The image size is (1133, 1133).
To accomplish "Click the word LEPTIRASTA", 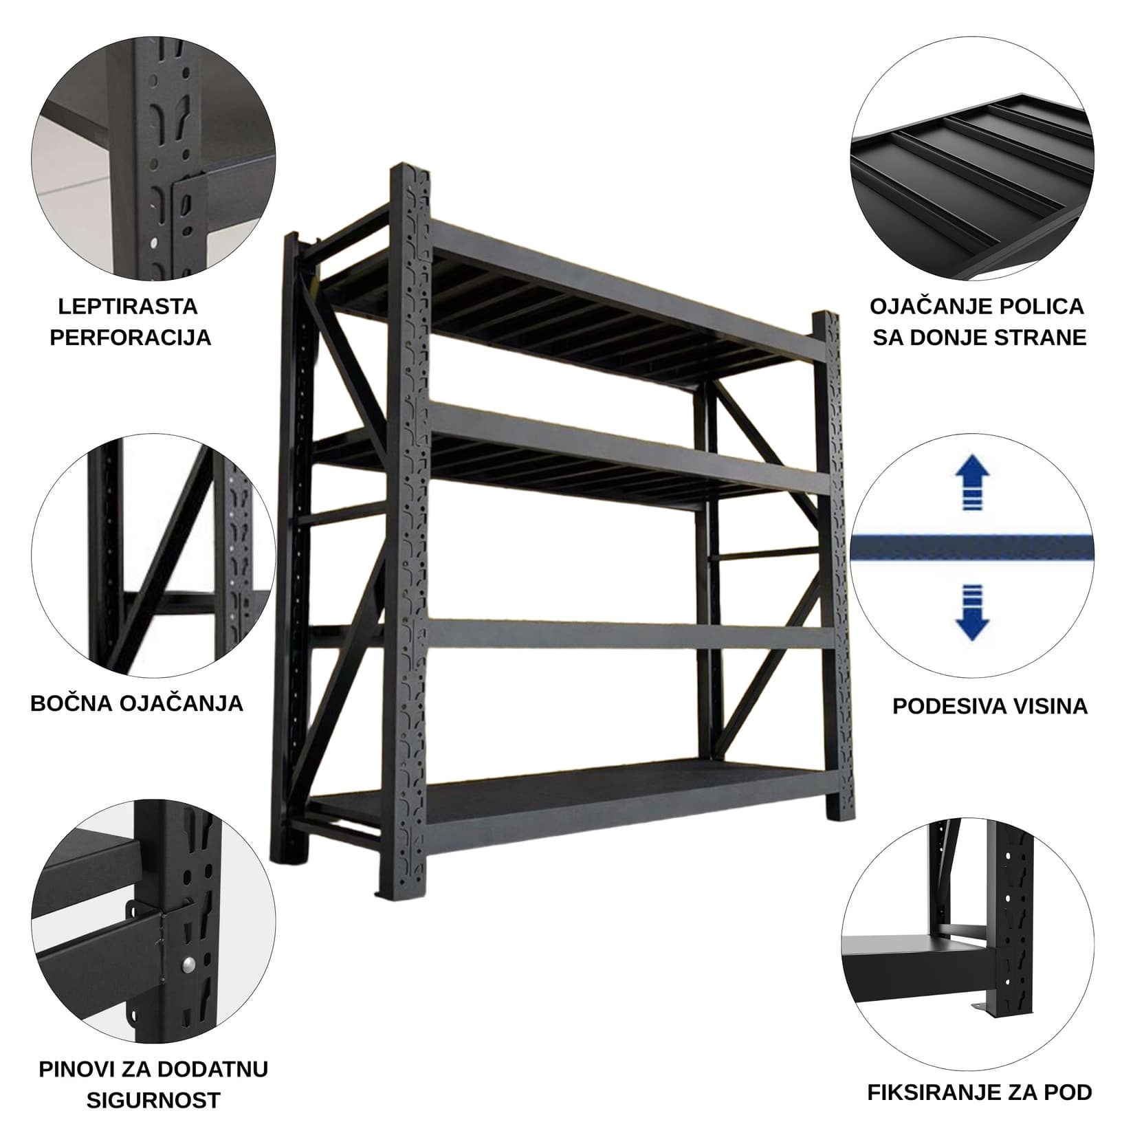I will (x=128, y=307).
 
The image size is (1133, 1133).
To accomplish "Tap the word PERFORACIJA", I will (x=131, y=338).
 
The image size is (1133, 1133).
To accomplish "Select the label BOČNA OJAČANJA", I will (x=137, y=703).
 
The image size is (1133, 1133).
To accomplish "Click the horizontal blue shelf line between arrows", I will (x=972, y=548).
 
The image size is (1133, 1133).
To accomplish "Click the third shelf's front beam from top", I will (x=619, y=633).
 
